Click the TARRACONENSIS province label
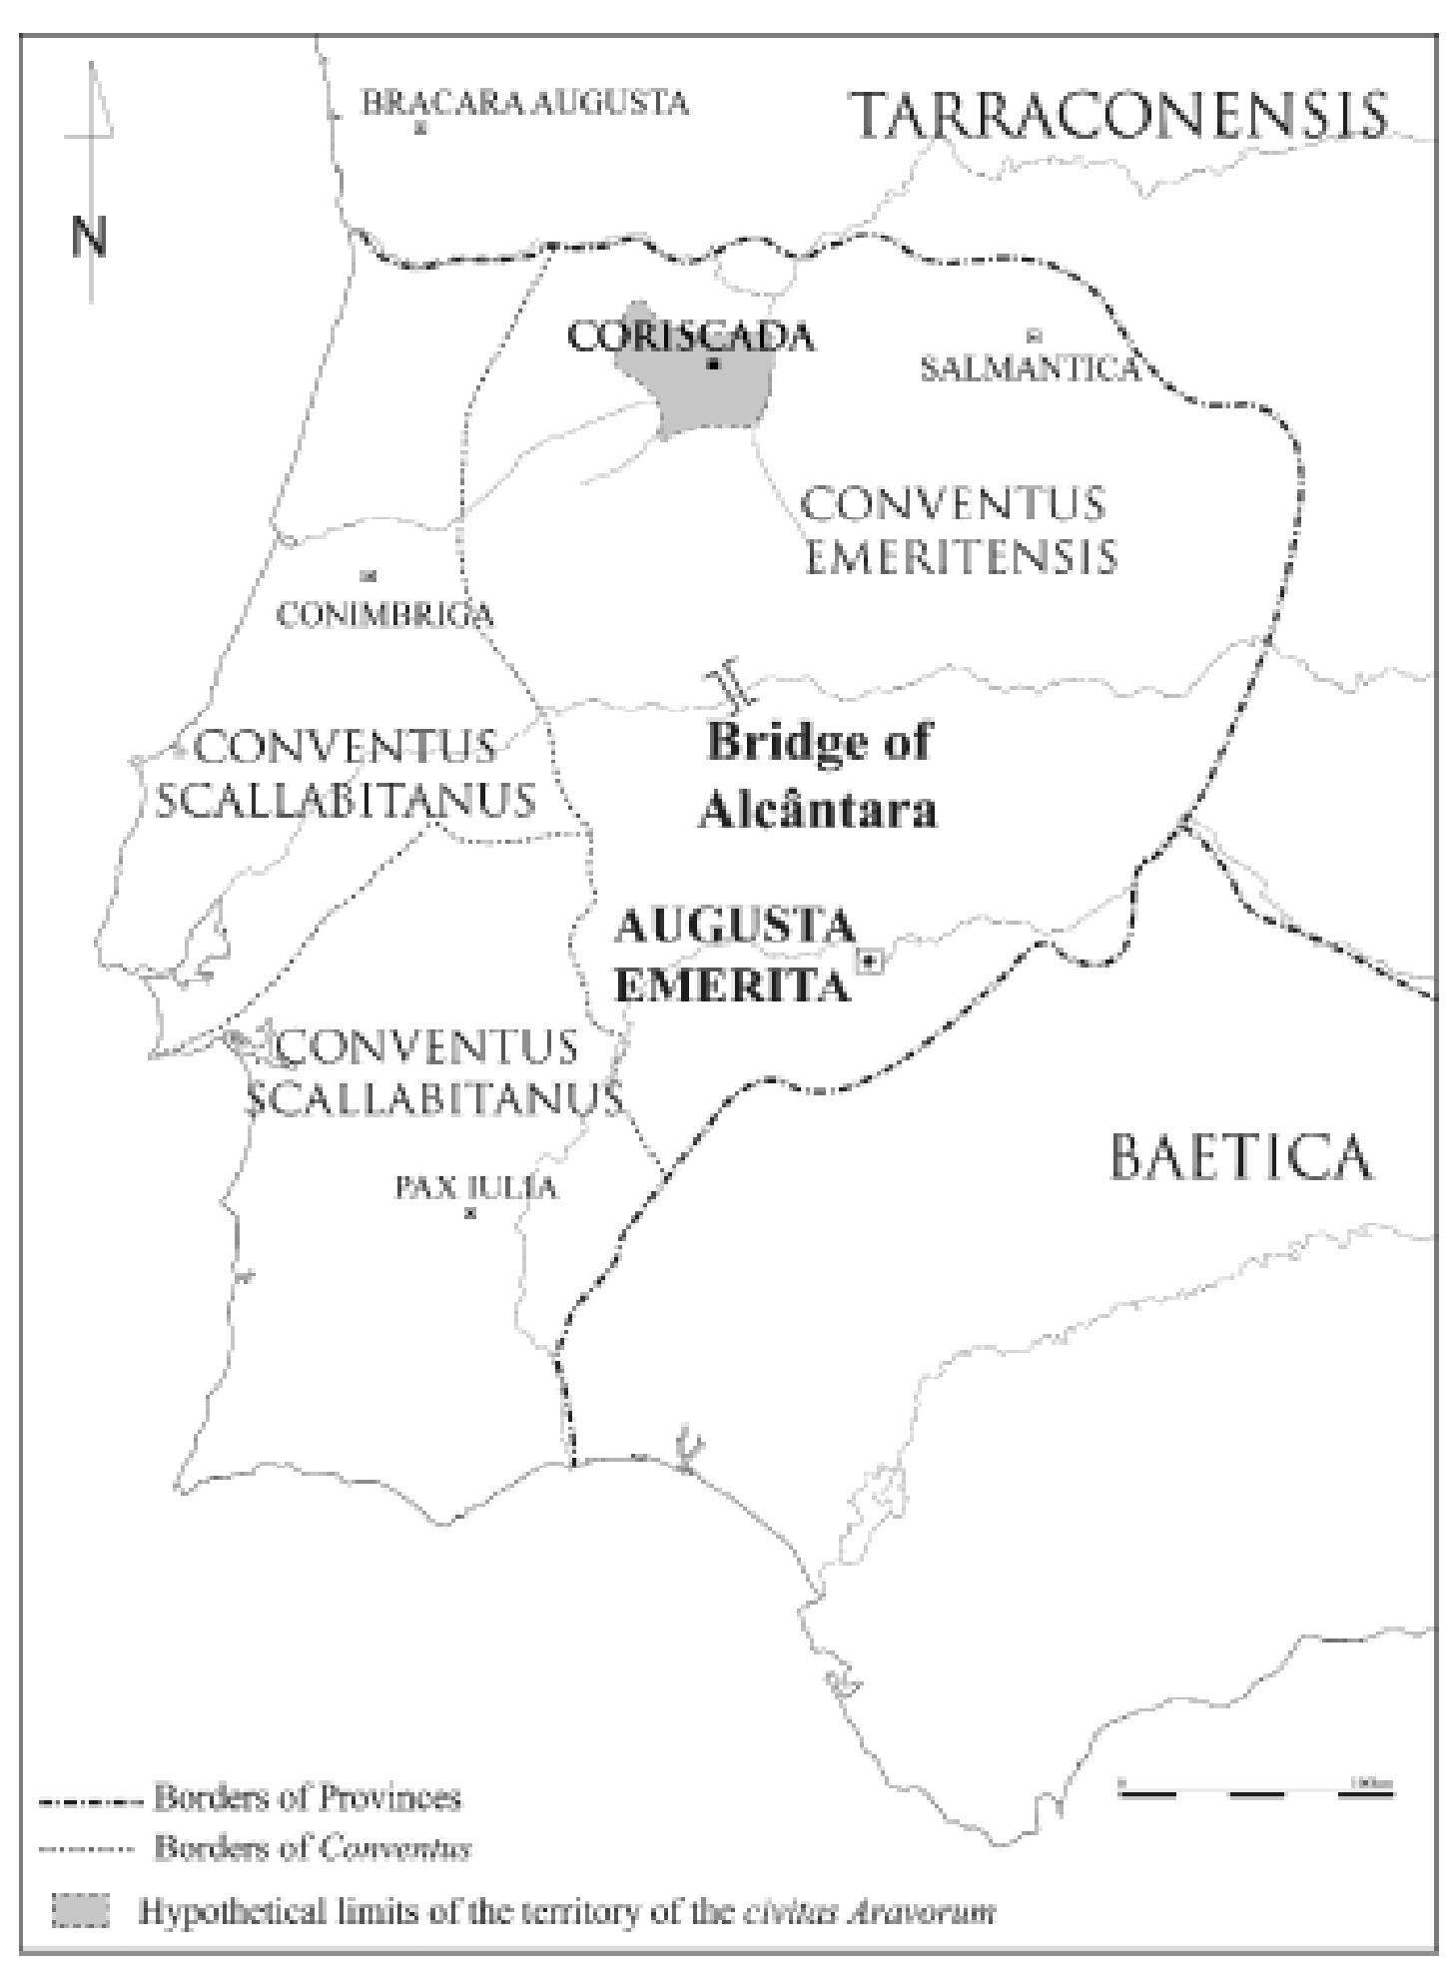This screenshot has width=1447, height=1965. point(1118,116)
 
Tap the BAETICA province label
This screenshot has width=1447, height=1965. point(1241,1157)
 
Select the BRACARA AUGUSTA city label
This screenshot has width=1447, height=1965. point(525,103)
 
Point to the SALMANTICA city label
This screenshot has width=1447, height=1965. point(1030,368)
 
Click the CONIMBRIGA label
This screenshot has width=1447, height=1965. point(384,614)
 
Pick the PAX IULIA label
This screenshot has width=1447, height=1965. point(476,1187)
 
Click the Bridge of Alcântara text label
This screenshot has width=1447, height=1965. point(818,776)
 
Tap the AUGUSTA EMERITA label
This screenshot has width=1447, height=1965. point(734,956)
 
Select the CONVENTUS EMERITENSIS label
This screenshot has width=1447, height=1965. point(959,529)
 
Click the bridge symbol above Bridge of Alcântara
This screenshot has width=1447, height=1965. point(726,683)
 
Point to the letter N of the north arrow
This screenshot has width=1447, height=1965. point(89,237)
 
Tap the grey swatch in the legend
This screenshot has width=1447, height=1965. point(80,1909)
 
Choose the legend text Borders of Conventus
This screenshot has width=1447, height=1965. point(312,1848)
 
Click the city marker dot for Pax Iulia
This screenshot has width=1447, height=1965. point(470,1213)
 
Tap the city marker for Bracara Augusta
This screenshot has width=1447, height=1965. point(420,127)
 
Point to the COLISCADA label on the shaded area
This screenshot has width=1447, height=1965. point(690,337)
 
